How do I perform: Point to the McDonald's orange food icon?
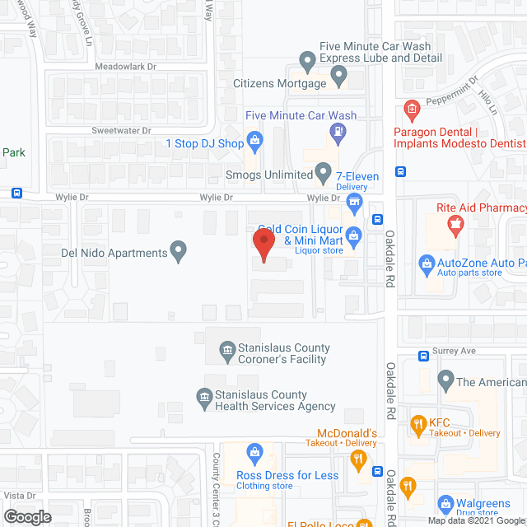357,460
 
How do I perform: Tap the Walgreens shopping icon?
445,503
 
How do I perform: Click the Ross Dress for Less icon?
255,452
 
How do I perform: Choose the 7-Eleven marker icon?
355,202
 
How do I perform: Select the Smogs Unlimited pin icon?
324,174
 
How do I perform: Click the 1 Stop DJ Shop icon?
255,143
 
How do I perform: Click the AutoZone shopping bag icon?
427,263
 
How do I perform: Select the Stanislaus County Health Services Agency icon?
203,399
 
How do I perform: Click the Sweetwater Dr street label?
121,130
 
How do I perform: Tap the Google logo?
26,516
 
